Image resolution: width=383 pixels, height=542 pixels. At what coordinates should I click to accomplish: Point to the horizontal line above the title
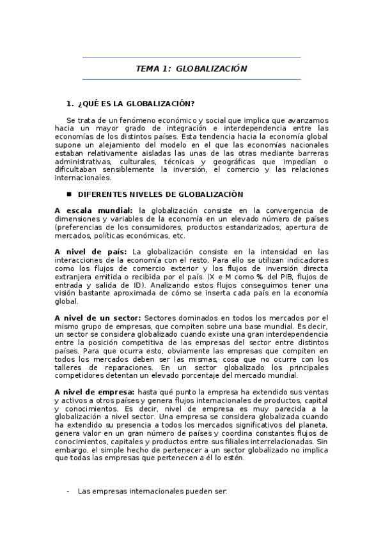pyautogui.click(x=191, y=58)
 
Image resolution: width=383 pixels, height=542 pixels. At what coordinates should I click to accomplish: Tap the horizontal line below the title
pyautogui.click(x=191, y=80)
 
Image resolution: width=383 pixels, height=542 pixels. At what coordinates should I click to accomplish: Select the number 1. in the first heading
pyautogui.click(x=70, y=104)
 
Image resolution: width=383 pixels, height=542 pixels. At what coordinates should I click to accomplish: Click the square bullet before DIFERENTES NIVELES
pyautogui.click(x=69, y=194)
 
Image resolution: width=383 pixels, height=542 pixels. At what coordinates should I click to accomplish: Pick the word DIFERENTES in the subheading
pyautogui.click(x=98, y=194)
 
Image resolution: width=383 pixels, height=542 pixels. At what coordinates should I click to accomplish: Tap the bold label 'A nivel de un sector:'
pyautogui.click(x=98, y=318)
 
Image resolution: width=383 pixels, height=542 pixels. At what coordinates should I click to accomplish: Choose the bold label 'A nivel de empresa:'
pyautogui.click(x=95, y=392)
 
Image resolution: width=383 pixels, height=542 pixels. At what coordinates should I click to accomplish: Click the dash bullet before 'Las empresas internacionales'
pyautogui.click(x=69, y=492)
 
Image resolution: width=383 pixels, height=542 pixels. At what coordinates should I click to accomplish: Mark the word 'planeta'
pyautogui.click(x=313, y=425)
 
